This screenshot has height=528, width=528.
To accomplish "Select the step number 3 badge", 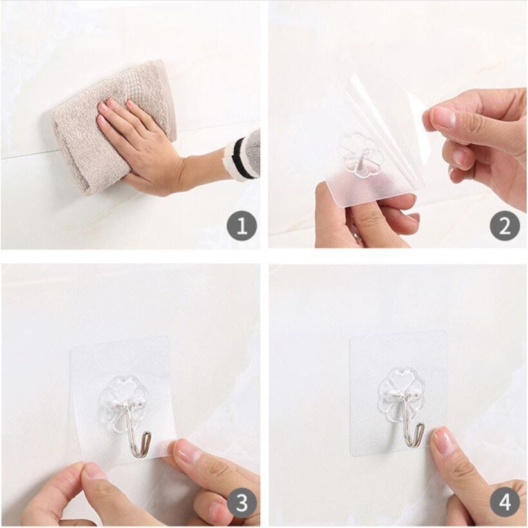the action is pyautogui.click(x=241, y=504).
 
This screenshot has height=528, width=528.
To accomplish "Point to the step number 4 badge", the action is pyautogui.click(x=505, y=504).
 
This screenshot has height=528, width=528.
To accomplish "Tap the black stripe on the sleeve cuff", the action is pyautogui.click(x=240, y=158).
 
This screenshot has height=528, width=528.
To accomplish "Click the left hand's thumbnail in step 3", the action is pyautogui.click(x=91, y=471).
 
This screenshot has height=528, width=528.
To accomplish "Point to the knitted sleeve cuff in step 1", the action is pyautogui.click(x=243, y=156).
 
